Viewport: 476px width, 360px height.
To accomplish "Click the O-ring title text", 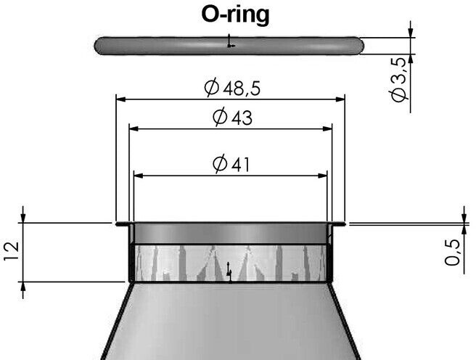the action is (x=235, y=15).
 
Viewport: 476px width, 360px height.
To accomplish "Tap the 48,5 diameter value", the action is (x=242, y=89).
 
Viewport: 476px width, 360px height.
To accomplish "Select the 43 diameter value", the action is (x=242, y=118).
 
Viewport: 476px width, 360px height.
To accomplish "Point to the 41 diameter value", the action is (x=240, y=165).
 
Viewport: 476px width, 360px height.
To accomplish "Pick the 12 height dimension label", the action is (x=12, y=251).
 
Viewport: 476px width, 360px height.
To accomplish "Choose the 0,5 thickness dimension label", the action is (x=452, y=253).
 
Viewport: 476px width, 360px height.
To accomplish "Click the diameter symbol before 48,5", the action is (x=212, y=87).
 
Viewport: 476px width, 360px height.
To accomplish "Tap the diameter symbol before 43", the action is (x=220, y=117).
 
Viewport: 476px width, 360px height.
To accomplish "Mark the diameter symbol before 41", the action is (x=220, y=163).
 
